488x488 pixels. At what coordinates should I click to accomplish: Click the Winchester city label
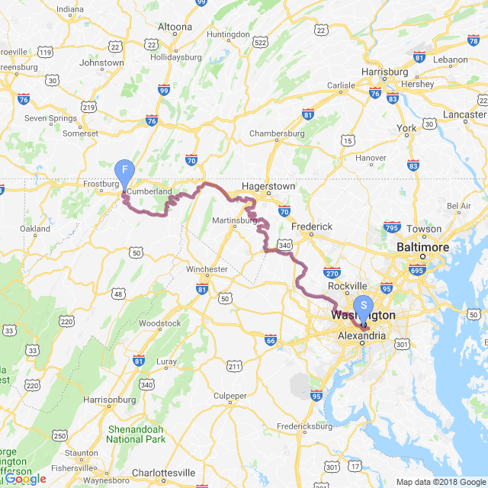207,269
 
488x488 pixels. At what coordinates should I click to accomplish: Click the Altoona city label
175,27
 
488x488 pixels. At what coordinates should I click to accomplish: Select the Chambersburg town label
277,133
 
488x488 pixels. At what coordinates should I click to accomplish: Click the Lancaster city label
464,114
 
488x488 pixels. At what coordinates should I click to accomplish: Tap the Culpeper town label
230,396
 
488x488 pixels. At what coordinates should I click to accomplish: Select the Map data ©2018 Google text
441,482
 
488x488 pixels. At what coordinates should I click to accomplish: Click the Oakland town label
35,229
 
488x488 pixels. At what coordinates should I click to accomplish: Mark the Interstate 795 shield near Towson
393,228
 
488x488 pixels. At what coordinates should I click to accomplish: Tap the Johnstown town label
101,63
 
